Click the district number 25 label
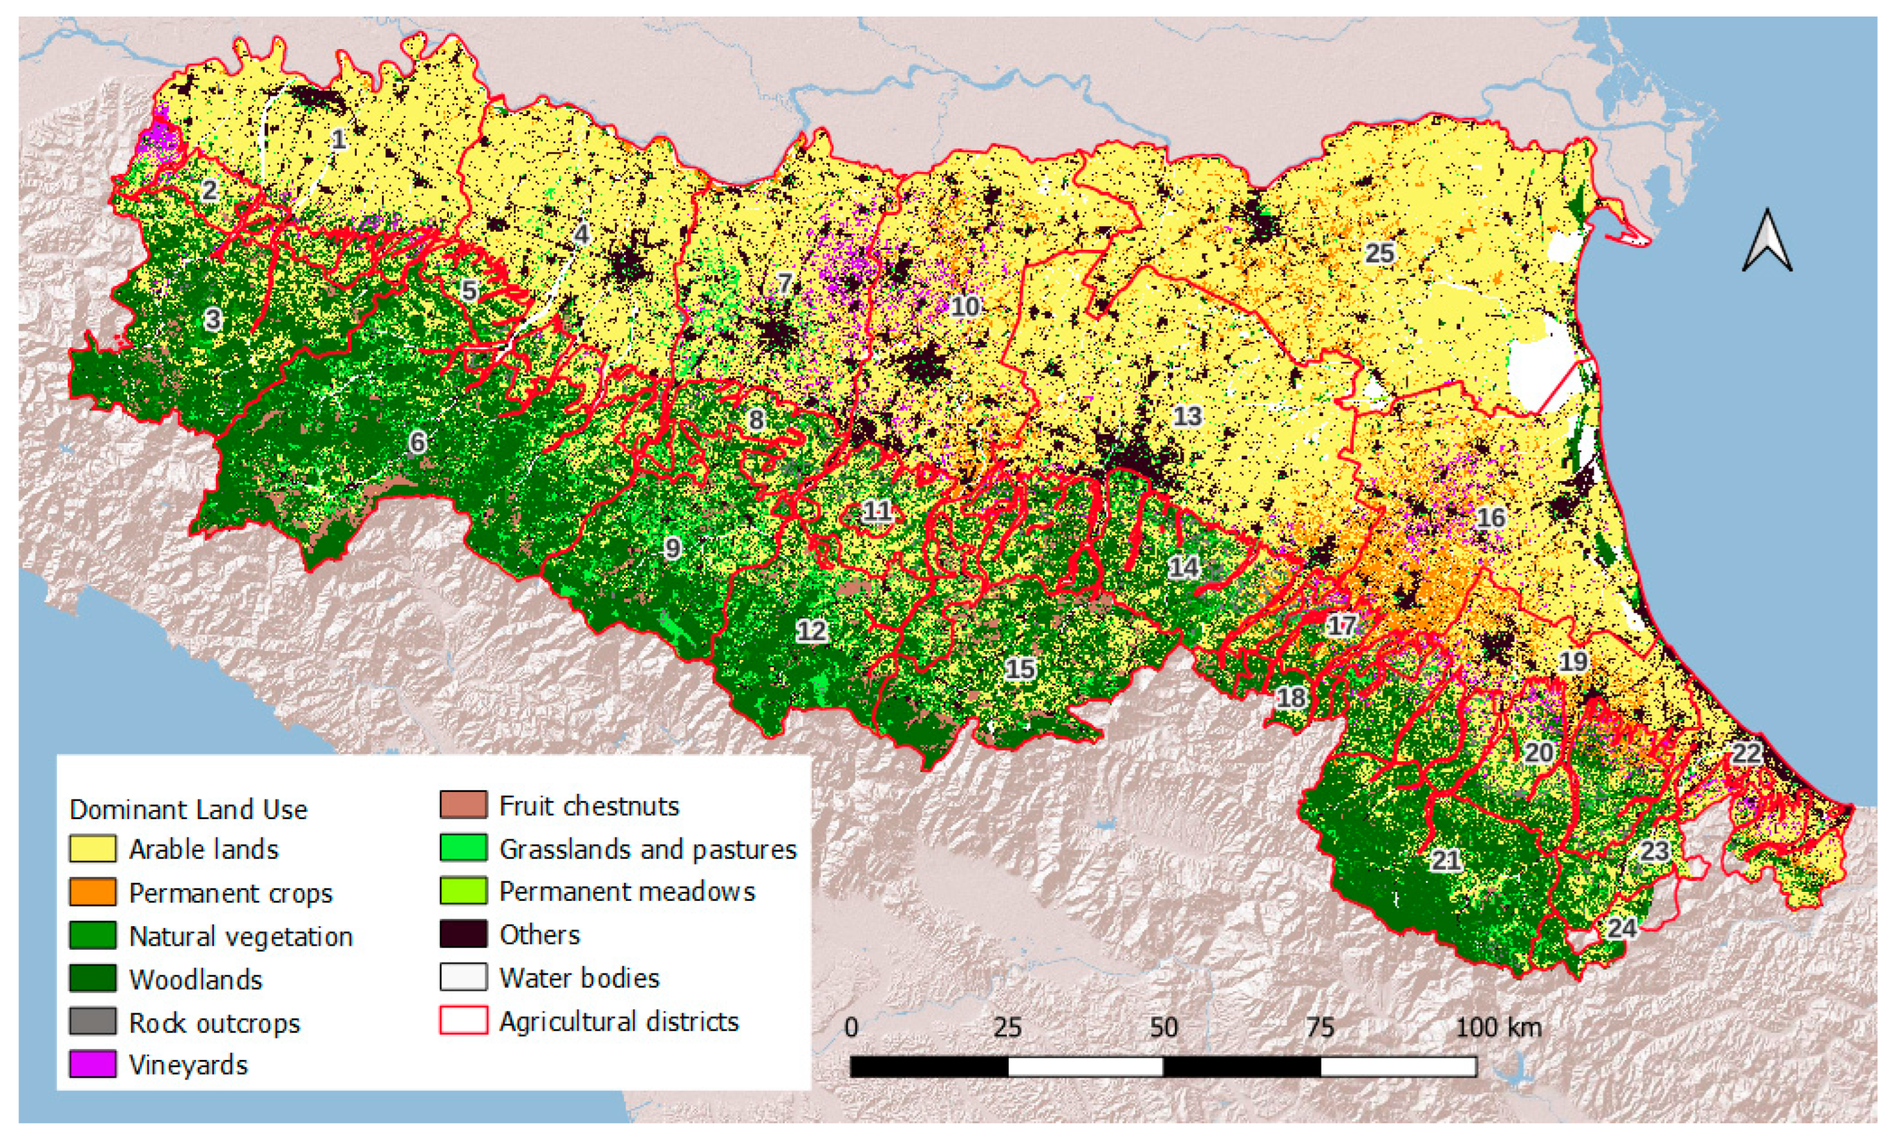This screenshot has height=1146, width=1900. click(1380, 253)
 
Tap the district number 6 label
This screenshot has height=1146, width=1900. click(417, 442)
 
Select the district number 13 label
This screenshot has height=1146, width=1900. click(1187, 417)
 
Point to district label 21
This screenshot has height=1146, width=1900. click(1446, 860)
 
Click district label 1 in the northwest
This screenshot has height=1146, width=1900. click(337, 140)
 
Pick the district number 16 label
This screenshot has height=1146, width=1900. click(1491, 517)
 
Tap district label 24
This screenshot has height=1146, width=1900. click(1622, 928)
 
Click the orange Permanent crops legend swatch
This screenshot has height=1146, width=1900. click(92, 892)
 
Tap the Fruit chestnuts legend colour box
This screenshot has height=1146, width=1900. click(464, 805)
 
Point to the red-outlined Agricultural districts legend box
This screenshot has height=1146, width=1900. click(464, 1021)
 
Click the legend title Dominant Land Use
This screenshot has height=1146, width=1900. click(188, 809)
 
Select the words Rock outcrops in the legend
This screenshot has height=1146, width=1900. click(215, 1022)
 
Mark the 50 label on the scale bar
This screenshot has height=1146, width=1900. click(1163, 1028)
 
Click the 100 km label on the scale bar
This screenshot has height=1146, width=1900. click(1498, 1028)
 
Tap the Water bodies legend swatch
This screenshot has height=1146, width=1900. click(464, 977)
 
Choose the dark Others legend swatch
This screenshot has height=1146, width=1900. click(464, 934)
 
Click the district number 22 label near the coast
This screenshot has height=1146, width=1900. click(1747, 753)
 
